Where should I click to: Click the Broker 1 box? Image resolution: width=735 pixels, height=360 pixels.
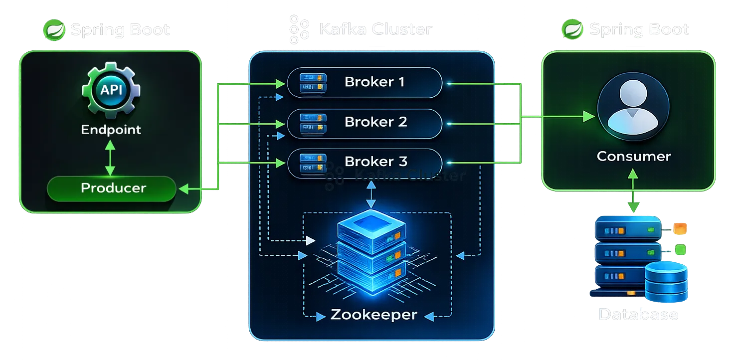coord(365,82)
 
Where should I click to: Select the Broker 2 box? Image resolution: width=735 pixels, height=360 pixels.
coord(365,122)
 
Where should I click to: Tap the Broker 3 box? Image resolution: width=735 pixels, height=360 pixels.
coord(365,162)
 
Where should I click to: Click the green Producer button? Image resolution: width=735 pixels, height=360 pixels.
coord(112,188)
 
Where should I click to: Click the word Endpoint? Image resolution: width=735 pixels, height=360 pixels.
coord(111,130)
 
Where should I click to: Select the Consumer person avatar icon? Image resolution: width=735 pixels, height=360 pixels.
coord(633,110)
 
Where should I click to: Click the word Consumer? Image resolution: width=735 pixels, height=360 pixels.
coord(633,156)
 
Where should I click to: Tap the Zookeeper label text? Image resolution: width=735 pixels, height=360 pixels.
coord(373,315)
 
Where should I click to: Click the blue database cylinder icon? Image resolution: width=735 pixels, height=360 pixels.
coord(666,282)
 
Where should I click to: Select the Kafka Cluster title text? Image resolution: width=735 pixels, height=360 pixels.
coord(375,29)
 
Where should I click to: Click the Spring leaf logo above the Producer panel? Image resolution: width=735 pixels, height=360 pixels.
coord(54,30)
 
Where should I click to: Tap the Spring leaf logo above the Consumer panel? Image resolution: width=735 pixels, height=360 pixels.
coord(572,30)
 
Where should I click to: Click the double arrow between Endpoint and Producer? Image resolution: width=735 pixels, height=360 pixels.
coord(110,157)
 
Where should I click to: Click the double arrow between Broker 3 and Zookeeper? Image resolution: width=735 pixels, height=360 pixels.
coord(370,194)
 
